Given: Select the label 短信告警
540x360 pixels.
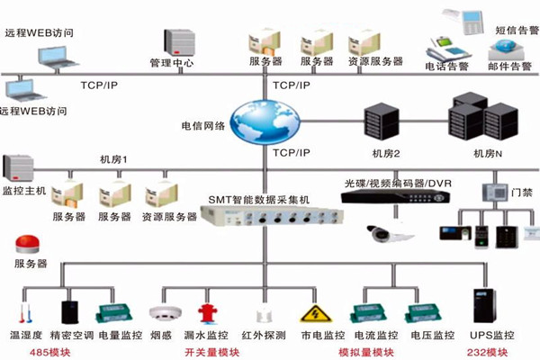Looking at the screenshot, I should point(512,30).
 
